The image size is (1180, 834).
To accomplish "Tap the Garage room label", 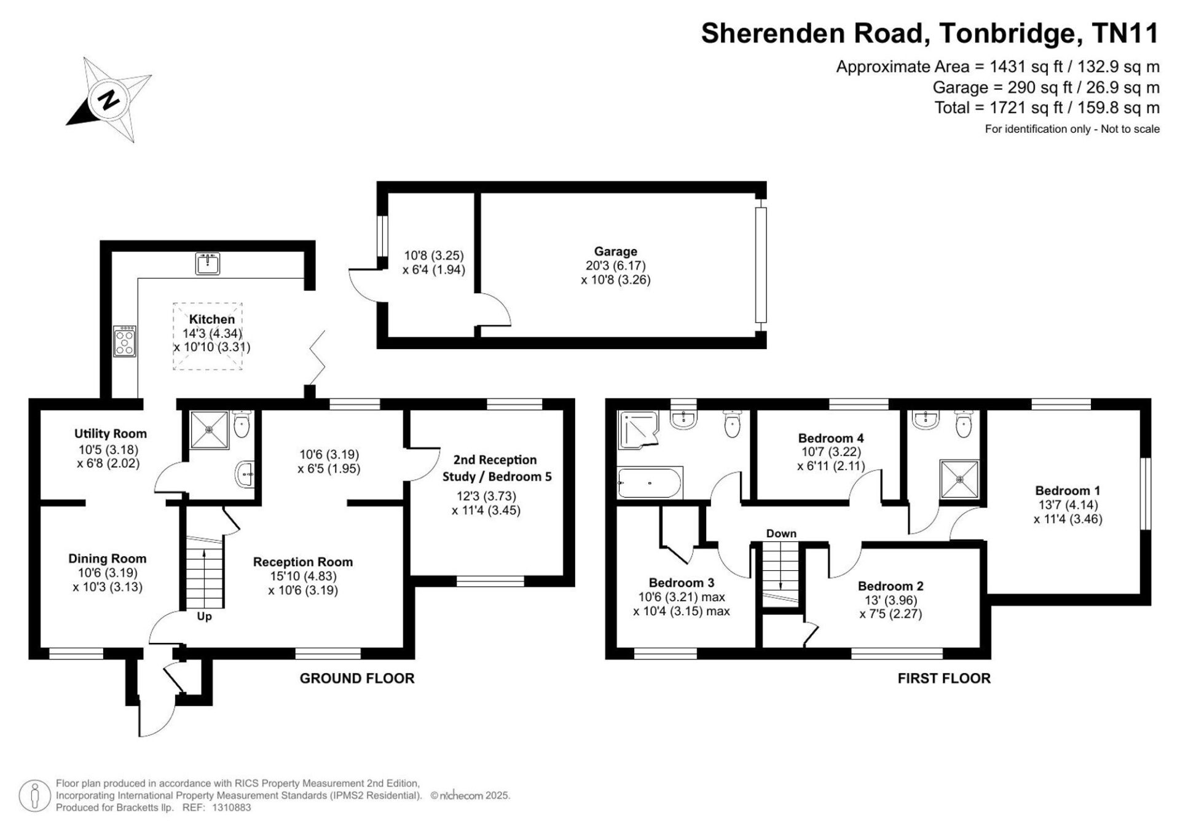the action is tap(615, 251).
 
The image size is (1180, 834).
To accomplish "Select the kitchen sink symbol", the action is tap(208, 264).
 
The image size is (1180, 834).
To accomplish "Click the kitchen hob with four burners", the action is tap(125, 341).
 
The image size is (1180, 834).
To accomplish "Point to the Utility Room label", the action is tap(111, 433).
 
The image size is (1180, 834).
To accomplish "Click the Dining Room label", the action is tap(108, 559).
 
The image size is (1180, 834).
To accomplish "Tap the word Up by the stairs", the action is tap(204, 616).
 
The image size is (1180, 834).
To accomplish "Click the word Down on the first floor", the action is tap(781, 533).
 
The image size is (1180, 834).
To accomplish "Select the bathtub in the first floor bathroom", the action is tap(650, 484).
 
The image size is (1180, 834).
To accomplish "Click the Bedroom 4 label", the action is tap(831, 438).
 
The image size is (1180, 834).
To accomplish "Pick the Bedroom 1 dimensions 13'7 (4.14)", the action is tap(1066, 505).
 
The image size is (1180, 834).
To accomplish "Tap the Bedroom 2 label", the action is tap(891, 586).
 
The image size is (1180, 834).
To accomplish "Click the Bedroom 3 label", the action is tap(682, 583).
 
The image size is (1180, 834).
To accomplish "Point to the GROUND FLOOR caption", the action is tap(357, 679).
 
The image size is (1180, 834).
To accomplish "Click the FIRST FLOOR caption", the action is tap(944, 679).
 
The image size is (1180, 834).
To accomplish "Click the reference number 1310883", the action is tap(231, 808).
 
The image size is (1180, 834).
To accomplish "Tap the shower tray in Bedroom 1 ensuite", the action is tap(959, 479).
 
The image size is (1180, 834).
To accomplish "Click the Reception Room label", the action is tap(303, 562).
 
